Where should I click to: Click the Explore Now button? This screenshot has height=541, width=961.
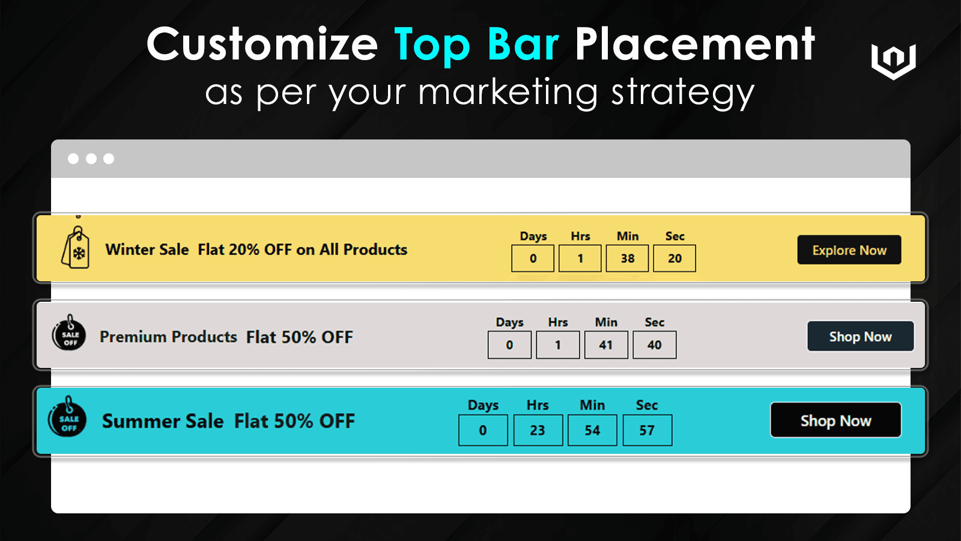849,250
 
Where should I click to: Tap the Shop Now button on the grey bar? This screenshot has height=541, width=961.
860,337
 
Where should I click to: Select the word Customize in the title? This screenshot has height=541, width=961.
262,44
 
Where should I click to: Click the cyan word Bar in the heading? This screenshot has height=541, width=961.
523,44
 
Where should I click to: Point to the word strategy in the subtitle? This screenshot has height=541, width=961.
682,93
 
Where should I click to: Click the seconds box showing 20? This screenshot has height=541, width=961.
675,258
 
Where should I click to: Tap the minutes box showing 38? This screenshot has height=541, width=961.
627,258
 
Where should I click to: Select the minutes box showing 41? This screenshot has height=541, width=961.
605,345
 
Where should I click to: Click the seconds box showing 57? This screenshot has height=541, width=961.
647,430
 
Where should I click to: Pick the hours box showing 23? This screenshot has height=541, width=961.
538,430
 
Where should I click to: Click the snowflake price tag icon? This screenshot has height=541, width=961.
76,248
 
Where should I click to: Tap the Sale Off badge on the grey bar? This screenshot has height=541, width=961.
69,334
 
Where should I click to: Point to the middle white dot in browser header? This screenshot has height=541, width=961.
91,159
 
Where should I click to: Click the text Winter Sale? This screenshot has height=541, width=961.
147,249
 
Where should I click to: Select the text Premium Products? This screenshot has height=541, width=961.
168,337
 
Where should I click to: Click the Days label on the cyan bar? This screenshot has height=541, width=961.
483,405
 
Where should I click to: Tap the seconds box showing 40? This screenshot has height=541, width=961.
654,345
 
